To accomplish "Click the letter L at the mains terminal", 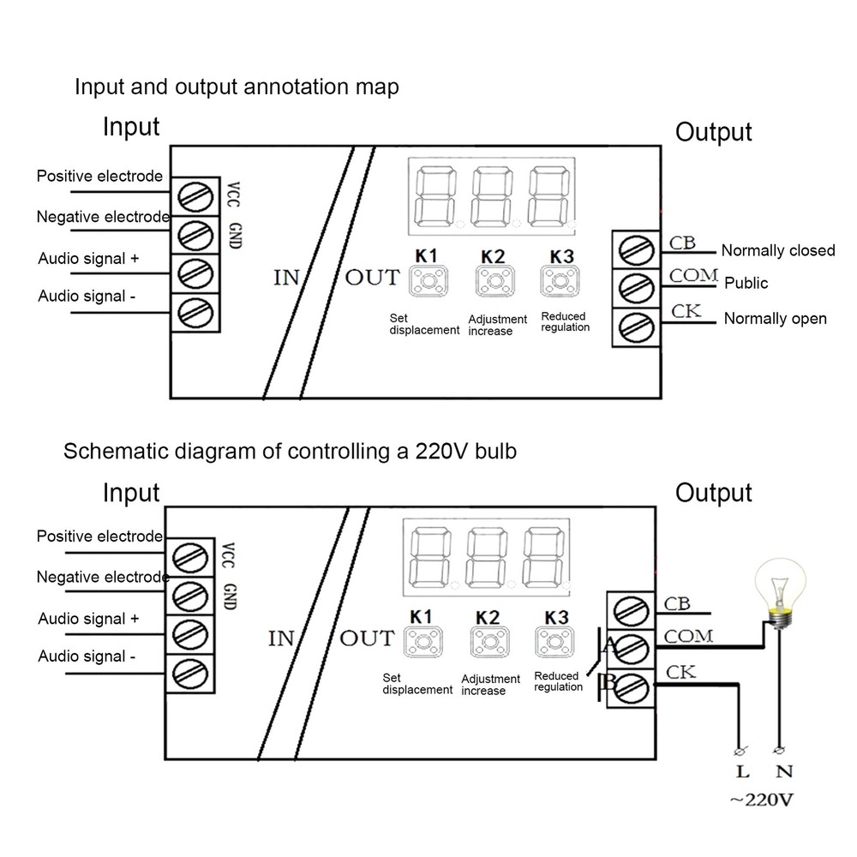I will click(x=740, y=772).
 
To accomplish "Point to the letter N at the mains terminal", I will click(x=781, y=772).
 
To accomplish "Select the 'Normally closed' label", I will click(x=777, y=250).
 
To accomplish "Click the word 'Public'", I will click(x=746, y=283).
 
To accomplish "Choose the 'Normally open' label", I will click(x=775, y=319).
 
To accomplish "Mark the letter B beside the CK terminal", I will click(x=610, y=682).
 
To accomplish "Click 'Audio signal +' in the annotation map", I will click(x=88, y=258).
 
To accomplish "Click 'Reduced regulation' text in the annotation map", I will click(x=565, y=322).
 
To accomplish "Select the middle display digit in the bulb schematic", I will click(x=487, y=556).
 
